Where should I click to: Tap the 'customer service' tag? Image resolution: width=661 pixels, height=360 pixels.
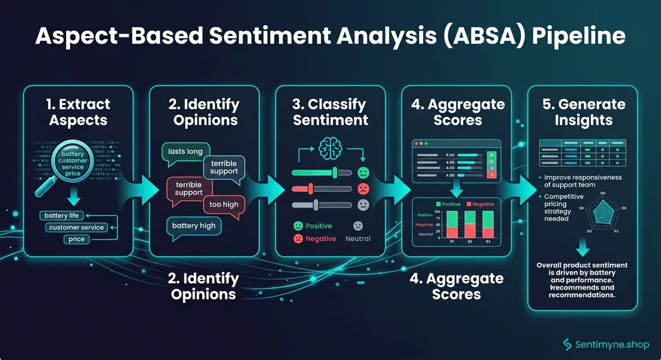coord(76,227)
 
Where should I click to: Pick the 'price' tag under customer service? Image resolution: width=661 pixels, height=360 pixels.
coord(77,239)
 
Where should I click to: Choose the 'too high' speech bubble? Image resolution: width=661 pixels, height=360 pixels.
coord(224,204)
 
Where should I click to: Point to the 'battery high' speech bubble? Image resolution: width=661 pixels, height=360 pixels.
coord(193,226)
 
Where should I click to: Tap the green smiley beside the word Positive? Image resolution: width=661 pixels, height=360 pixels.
coord(298,226)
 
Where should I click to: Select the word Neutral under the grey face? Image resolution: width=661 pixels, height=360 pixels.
coord(357,238)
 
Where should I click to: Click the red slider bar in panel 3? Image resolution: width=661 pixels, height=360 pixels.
coord(321,189)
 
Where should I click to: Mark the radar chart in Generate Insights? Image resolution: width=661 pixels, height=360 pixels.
coord(602,215)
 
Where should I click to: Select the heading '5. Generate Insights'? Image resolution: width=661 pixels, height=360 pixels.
coord(583,112)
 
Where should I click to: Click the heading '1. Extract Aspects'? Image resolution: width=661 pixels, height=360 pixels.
coord(78,112)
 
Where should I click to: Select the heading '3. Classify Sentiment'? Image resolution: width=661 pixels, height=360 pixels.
coord(330,112)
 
